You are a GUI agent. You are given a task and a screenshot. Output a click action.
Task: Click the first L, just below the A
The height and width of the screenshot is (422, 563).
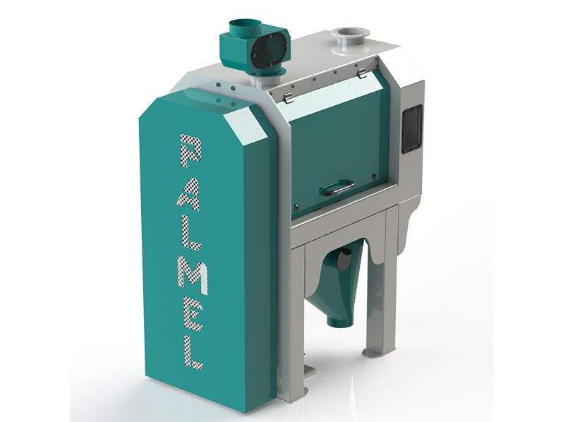(x=190, y=234)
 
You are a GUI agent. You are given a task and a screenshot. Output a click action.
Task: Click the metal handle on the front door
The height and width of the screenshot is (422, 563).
(x=338, y=187)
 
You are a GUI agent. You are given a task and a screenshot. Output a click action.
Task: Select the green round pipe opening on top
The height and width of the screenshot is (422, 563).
(x=244, y=26)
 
